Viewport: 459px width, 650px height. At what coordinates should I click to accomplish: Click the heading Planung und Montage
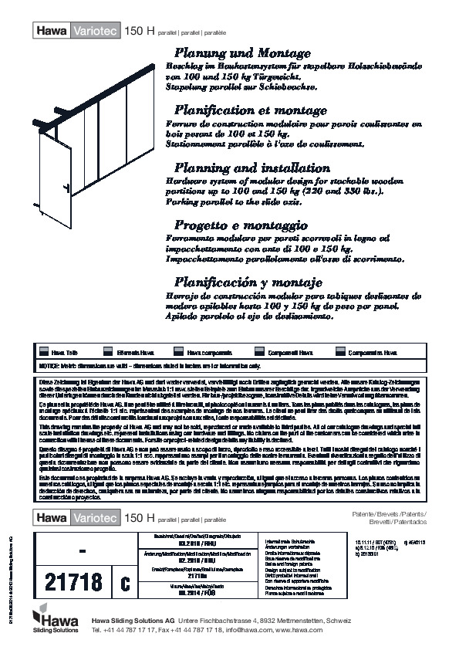pyautogui.click(x=243, y=54)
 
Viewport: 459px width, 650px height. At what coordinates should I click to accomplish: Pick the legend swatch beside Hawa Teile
pyautogui.click(x=44, y=352)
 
